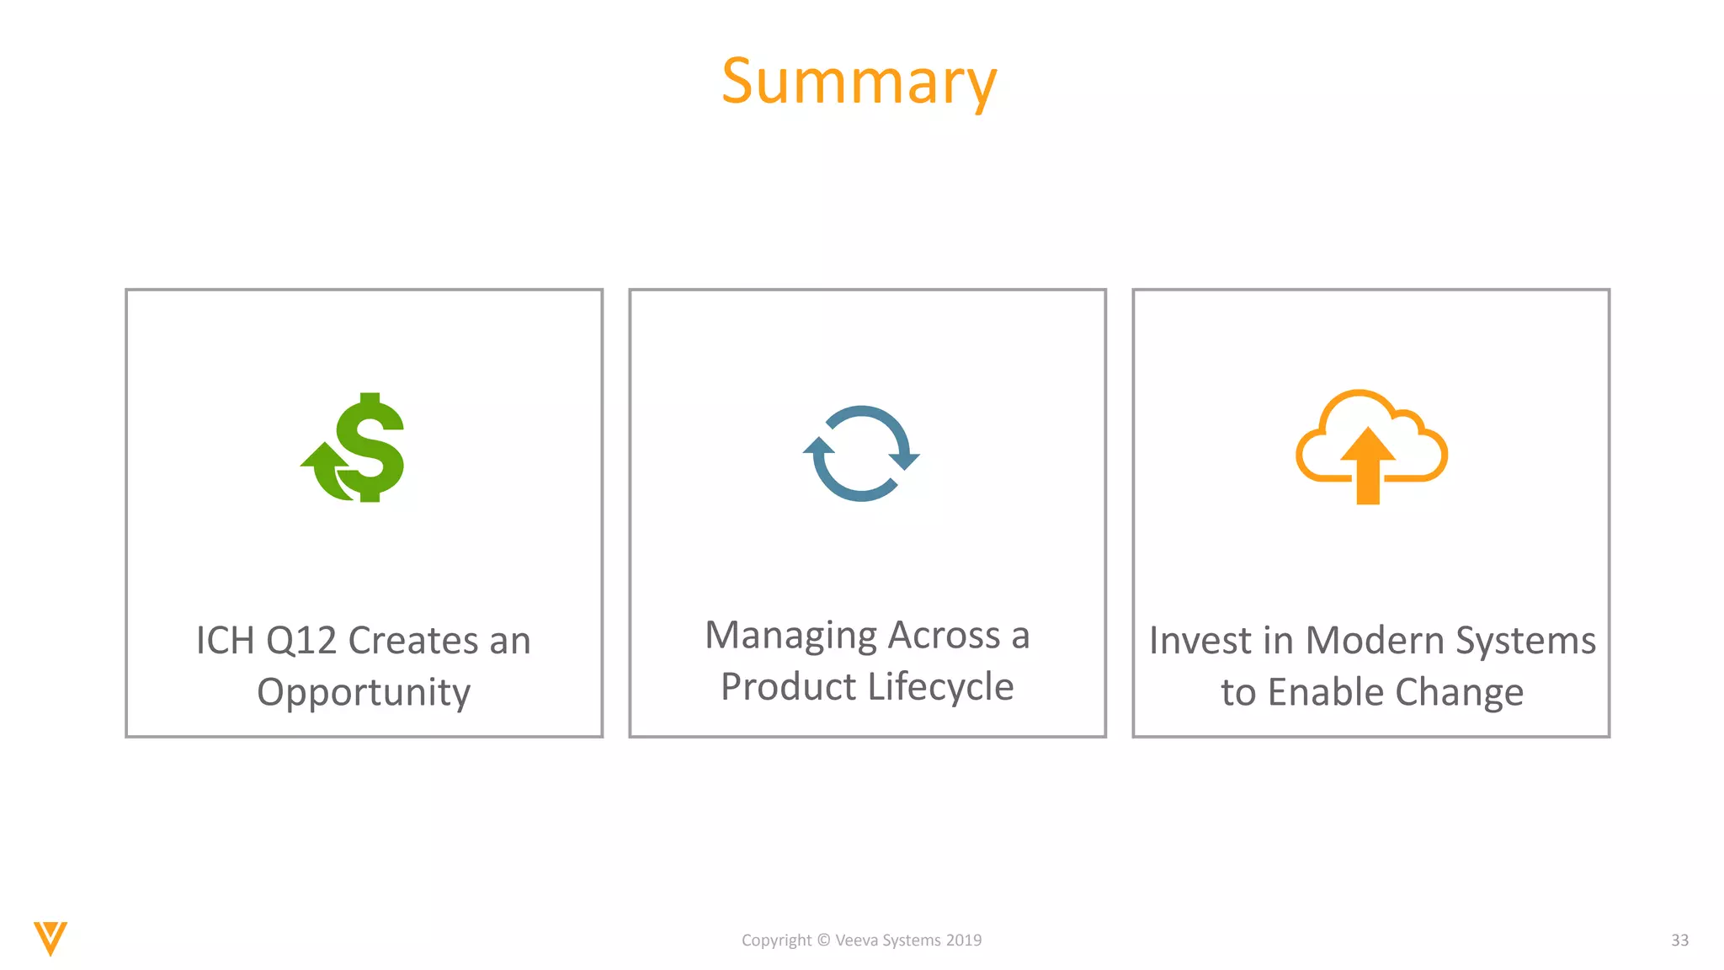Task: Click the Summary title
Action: pos(859,82)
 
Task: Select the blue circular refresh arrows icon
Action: pos(860,454)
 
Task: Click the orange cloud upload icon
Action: pos(1370,446)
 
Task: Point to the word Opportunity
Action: pos(364,692)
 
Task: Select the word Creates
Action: pos(412,641)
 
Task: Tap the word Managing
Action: pos(790,636)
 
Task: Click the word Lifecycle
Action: pos(940,687)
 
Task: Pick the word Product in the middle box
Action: pos(788,687)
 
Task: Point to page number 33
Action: pos(1679,941)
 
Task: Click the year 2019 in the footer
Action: pos(964,941)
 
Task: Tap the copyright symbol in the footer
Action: pos(823,941)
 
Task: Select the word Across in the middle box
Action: pos(944,636)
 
